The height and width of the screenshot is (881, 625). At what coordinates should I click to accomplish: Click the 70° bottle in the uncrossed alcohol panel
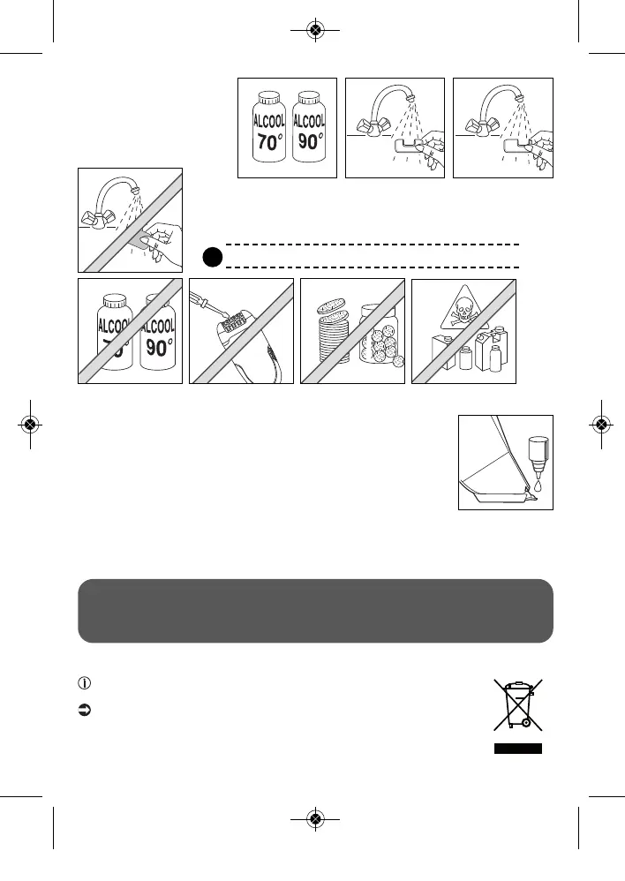(267, 129)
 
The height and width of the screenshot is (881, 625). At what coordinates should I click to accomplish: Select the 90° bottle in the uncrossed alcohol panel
(309, 129)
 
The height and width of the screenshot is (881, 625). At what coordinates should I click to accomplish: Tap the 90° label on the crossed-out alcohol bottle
(160, 347)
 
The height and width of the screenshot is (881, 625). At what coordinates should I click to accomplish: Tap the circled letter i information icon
(86, 683)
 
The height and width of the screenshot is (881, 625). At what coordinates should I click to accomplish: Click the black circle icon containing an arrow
(86, 711)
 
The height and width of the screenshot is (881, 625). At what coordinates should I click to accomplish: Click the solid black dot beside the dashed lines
(211, 256)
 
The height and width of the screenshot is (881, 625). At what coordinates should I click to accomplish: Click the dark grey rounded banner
(315, 611)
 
